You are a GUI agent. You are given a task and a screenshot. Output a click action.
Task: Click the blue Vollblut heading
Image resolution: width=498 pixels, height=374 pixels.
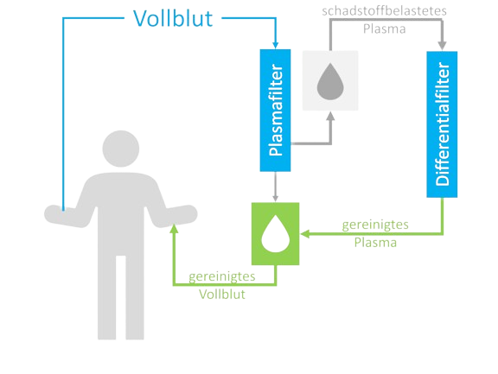[173, 18]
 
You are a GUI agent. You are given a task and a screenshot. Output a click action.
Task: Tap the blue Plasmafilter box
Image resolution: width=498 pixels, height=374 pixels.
[275, 111]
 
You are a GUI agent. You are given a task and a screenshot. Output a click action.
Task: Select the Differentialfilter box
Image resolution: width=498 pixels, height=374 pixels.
[442, 124]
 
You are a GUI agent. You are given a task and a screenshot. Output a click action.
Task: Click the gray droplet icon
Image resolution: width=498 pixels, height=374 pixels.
[330, 81]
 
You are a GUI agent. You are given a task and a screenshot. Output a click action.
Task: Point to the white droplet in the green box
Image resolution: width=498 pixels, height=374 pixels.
[275, 234]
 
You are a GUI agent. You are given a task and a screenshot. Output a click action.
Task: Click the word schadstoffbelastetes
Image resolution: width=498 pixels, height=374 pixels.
[384, 11]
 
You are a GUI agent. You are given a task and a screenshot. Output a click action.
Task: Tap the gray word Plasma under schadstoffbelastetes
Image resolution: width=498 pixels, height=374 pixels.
[384, 29]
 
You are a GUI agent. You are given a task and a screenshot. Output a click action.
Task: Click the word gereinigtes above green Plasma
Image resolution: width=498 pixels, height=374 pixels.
[375, 225]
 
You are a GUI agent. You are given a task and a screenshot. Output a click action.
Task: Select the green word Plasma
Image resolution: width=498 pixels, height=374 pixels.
[375, 243]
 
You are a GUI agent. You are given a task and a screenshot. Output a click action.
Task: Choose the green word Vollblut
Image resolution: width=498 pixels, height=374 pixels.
[222, 295]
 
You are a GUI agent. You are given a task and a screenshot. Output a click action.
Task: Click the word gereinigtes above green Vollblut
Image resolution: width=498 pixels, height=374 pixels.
[222, 276]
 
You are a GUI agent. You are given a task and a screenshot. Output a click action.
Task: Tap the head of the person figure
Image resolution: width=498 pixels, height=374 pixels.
[121, 149]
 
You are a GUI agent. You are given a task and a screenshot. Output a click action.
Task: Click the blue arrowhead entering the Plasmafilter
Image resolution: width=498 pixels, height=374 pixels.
[275, 46]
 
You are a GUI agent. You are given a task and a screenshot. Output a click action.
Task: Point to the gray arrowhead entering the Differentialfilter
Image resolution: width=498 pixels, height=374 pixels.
[442, 46]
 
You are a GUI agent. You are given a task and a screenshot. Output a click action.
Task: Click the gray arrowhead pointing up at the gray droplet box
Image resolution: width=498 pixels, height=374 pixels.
[330, 116]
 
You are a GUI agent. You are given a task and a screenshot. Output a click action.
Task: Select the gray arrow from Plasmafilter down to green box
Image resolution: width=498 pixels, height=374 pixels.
[275, 187]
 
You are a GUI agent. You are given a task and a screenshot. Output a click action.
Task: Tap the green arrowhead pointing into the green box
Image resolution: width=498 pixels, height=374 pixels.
[304, 234]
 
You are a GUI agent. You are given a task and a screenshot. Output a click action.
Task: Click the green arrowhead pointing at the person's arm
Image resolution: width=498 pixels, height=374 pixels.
[174, 228]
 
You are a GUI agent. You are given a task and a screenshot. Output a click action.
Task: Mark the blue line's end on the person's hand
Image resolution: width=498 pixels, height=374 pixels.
[63, 210]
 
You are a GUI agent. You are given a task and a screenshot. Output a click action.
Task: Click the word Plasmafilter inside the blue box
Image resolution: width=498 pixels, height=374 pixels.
[275, 110]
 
